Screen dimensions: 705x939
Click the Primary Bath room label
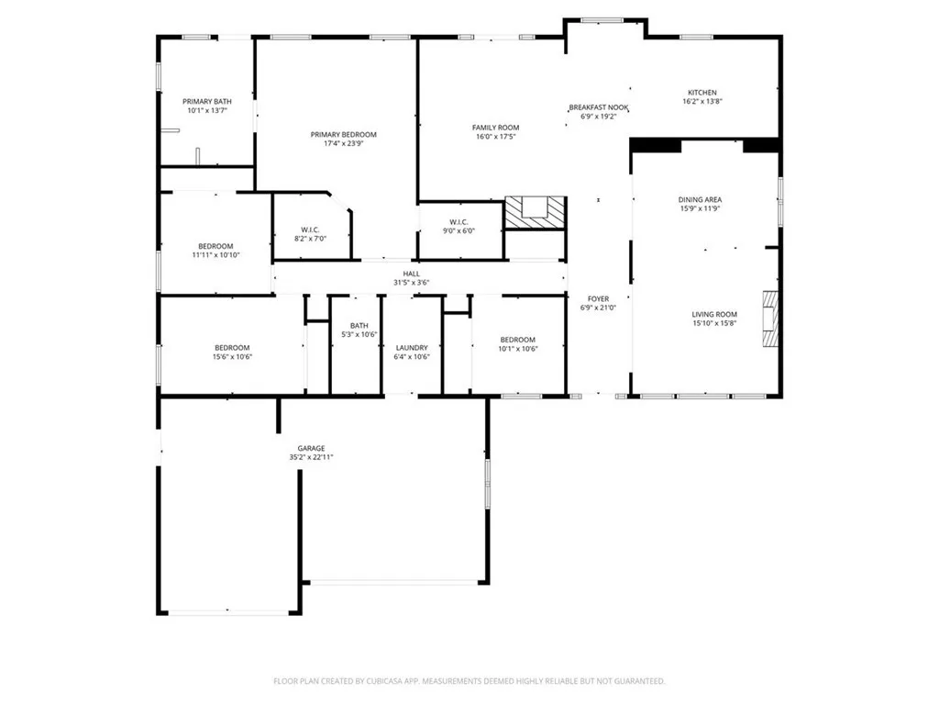[x=206, y=101]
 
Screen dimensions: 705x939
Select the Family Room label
[x=495, y=128]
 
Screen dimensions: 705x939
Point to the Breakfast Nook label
[x=598, y=107]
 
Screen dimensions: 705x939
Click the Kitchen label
[x=702, y=92]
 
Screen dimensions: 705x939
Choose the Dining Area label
[x=700, y=199]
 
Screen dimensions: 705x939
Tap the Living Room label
[x=714, y=315]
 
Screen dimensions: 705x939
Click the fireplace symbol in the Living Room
[x=770, y=319]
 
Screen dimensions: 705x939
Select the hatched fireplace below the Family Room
[x=536, y=212]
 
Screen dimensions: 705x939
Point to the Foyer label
[x=598, y=298]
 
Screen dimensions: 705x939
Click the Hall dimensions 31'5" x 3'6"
[x=412, y=283]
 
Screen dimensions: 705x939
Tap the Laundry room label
[x=412, y=348]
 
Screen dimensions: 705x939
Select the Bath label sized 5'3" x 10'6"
[x=359, y=326]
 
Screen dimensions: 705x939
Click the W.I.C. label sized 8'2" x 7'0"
[x=310, y=229]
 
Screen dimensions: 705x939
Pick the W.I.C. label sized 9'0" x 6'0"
[x=459, y=222]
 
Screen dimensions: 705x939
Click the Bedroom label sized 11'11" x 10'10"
[x=215, y=246]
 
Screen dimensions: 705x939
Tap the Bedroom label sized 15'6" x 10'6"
[x=232, y=348]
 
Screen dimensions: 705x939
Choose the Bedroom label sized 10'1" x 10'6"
[x=517, y=340]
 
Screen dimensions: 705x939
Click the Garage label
[x=311, y=448]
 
